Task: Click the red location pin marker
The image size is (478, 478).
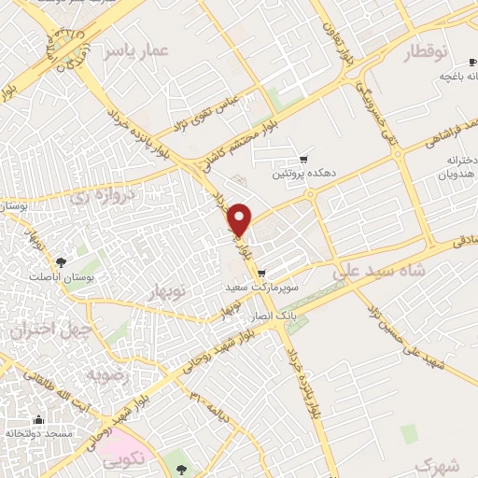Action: click(x=241, y=219)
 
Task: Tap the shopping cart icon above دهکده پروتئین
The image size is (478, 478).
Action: click(x=302, y=160)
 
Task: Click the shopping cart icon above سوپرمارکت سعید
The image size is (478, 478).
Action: click(x=260, y=274)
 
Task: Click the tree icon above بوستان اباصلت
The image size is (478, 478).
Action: click(x=61, y=262)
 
